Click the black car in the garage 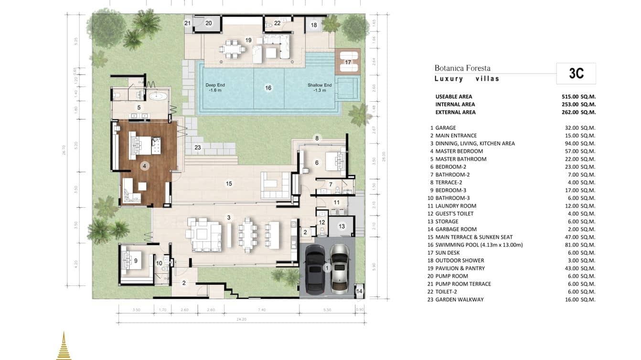315,268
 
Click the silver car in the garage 339,267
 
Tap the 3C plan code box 576,74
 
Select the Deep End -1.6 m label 215,87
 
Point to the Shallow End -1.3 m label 320,87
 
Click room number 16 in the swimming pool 268,88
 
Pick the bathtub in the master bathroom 157,96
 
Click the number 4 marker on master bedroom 144,166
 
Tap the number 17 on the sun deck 348,63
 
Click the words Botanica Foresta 462,68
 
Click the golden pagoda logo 64,346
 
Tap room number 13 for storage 342,226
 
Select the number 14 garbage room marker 359,291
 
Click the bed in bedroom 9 132,261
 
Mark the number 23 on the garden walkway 197,148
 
